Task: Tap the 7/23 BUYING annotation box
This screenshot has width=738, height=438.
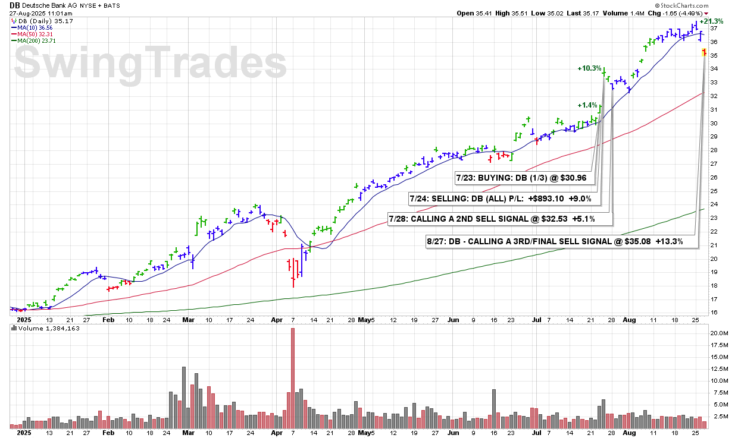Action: [521, 177]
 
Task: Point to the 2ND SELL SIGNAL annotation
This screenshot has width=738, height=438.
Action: [499, 219]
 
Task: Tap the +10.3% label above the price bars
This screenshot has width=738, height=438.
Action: [589, 68]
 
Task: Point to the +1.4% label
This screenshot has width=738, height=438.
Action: [587, 105]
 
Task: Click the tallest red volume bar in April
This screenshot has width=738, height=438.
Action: [293, 377]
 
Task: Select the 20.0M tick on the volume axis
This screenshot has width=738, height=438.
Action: [718, 333]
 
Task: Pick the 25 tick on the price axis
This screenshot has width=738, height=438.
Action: [714, 191]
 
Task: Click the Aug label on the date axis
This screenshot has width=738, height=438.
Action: [629, 320]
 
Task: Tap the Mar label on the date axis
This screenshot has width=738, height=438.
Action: [189, 320]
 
